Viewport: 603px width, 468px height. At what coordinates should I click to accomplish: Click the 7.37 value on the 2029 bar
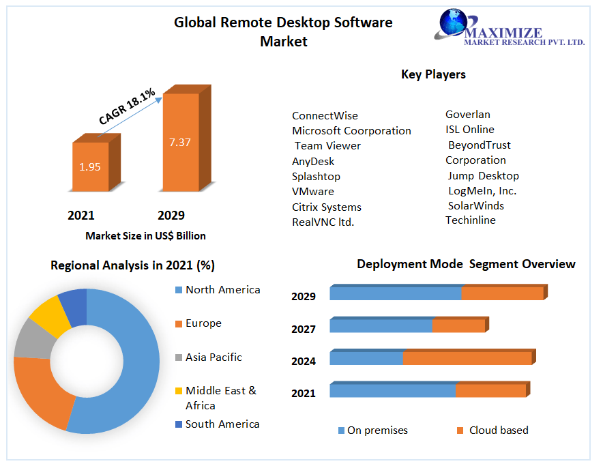coord(179,142)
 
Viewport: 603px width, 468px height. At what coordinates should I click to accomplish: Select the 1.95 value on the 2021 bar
coord(90,166)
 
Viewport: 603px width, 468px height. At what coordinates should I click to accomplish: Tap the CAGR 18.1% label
coord(127,106)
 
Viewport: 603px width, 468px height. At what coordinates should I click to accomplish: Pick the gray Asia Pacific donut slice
coord(32,338)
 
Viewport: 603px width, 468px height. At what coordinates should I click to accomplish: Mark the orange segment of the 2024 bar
coord(467,358)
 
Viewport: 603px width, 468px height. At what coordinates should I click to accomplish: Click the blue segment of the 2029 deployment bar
coord(396,293)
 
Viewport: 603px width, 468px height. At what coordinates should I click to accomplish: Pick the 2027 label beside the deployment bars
coord(304,329)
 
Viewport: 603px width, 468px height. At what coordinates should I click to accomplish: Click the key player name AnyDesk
coord(313,161)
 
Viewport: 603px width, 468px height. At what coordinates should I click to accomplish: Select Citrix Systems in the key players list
coord(327,207)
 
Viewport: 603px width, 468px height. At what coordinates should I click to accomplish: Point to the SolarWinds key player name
coord(476,205)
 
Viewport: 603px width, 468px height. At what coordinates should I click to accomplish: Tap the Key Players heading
coord(433,74)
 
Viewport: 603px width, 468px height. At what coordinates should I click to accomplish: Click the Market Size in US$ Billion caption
coord(145,235)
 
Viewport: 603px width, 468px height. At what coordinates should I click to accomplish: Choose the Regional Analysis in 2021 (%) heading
coord(132,265)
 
